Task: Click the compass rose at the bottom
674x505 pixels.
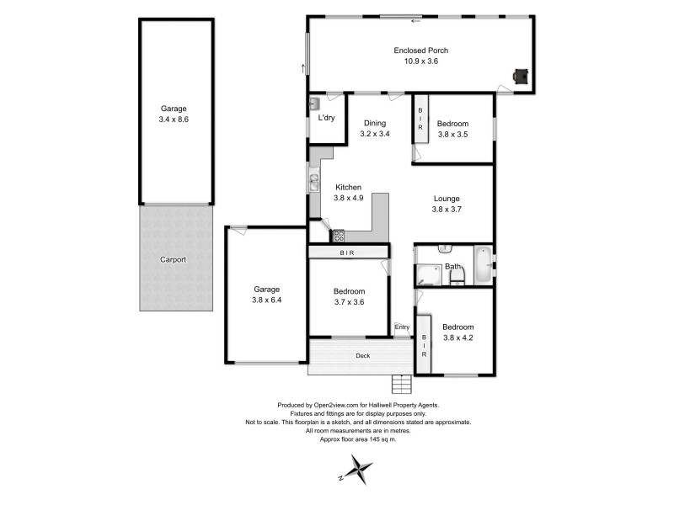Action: [360, 467]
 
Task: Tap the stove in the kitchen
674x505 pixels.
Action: [338, 236]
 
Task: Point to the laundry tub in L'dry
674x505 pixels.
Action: [314, 104]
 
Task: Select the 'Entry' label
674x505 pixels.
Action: [403, 327]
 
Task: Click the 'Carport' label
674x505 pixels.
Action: [173, 260]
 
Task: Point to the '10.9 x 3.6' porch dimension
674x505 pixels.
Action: [416, 61]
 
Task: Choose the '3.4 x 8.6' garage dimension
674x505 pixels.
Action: [174, 120]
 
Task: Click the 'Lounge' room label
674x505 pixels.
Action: [447, 199]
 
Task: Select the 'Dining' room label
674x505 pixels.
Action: [375, 122]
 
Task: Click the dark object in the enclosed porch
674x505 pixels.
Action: [522, 77]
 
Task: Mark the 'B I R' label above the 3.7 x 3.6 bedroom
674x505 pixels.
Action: [347, 252]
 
